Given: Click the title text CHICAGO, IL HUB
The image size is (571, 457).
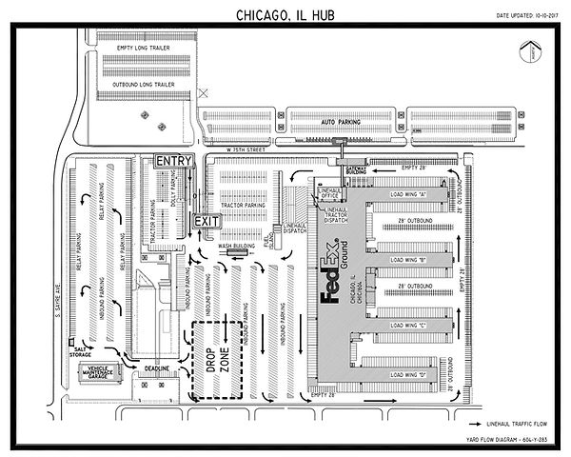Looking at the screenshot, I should coord(285,16).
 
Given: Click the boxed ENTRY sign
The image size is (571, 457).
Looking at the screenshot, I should coord(174,161).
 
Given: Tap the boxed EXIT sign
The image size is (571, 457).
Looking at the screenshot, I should coord(207,220).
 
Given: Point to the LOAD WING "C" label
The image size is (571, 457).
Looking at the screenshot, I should coord(407,324).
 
